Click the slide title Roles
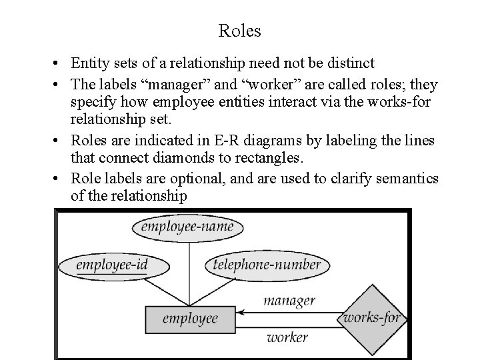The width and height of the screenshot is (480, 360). pos(239,31)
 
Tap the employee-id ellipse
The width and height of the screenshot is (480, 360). pos(111,265)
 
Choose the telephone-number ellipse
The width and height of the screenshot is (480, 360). pos(267,265)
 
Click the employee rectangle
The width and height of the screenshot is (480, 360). pos(190,319)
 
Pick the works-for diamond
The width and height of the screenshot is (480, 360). pos(371,317)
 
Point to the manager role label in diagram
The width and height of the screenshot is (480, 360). pos(289,301)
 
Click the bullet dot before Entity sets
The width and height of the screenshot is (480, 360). pos(59,65)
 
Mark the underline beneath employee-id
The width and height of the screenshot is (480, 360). pos(111,273)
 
